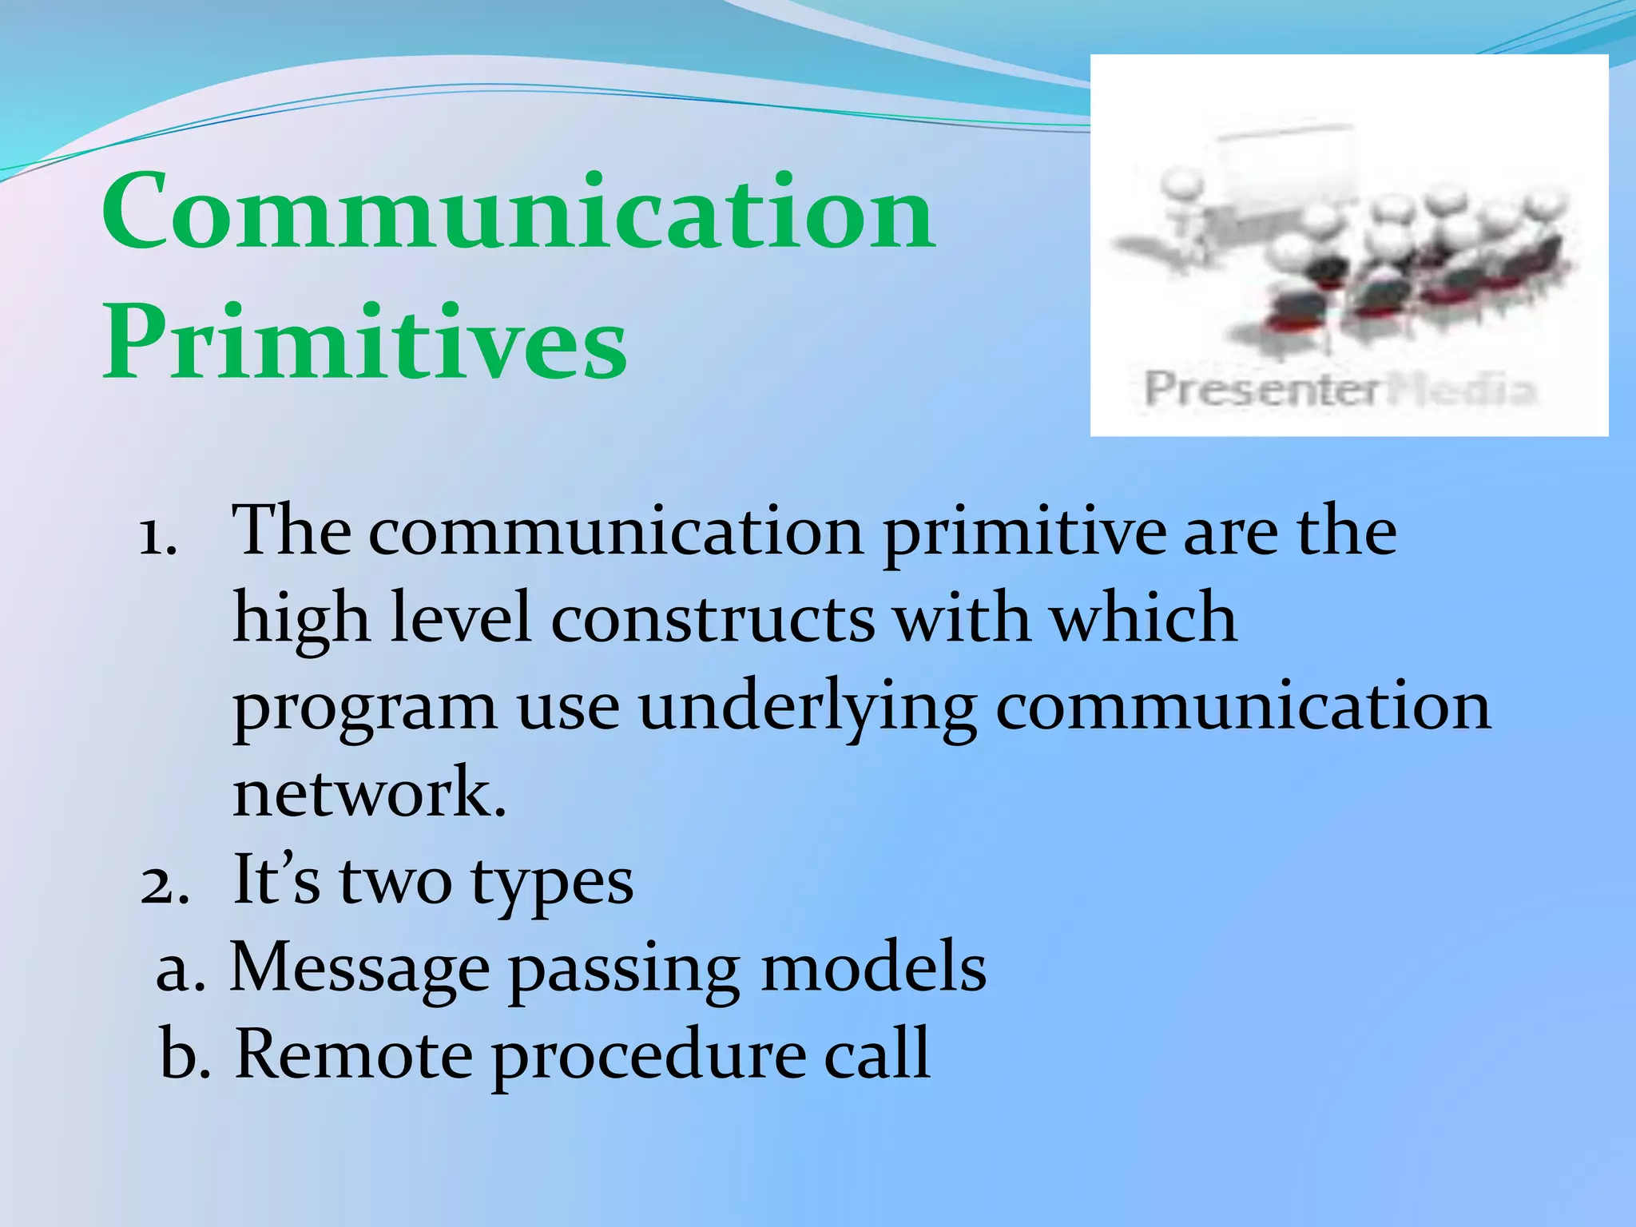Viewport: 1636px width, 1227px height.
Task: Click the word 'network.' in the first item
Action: (369, 792)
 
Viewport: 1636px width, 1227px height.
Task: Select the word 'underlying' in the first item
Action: (807, 709)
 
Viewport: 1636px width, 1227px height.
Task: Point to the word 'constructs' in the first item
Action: (713, 620)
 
